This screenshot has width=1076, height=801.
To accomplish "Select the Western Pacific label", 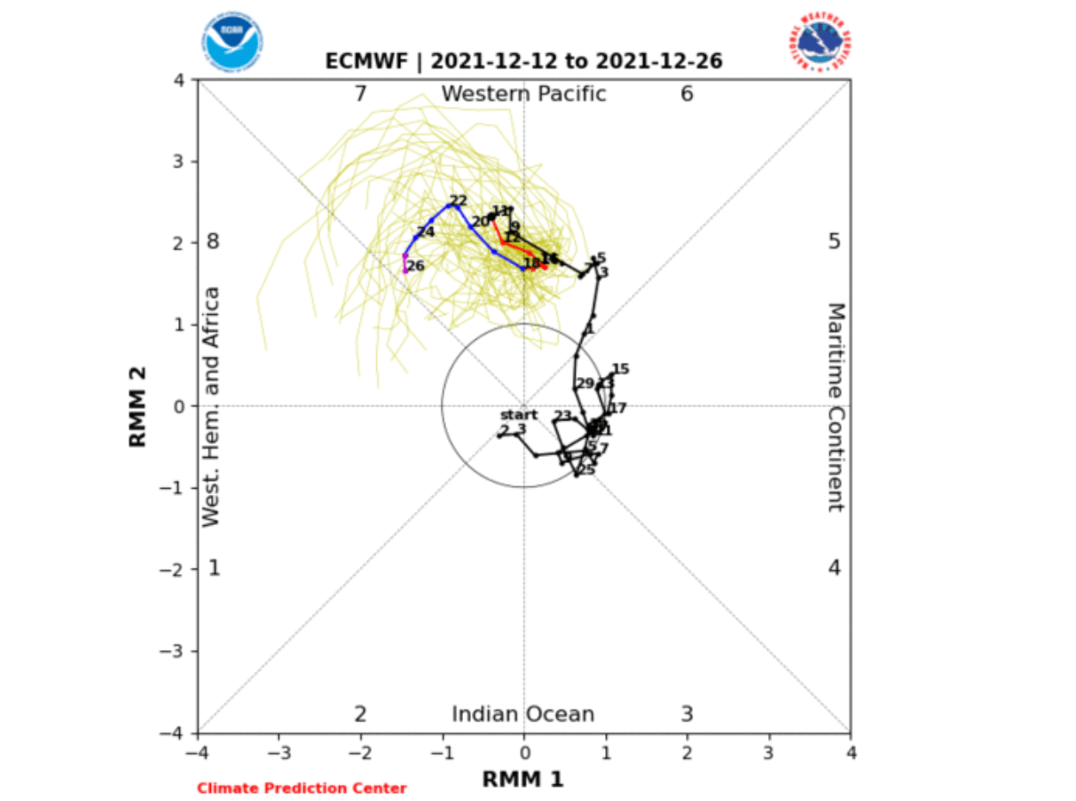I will click(523, 93).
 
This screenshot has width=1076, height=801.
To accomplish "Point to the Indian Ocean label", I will click(523, 714).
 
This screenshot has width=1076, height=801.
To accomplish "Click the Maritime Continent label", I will click(836, 407).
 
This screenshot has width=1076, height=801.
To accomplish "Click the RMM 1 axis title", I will click(523, 779).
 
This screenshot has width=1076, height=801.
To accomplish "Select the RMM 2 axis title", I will click(138, 407).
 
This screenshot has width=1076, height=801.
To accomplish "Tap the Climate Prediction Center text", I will click(302, 788).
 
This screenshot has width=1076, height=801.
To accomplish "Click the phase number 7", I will click(360, 93).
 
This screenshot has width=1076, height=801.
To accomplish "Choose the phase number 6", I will click(687, 93).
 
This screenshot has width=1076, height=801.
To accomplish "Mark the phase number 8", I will click(213, 241).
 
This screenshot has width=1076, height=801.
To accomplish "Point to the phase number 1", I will click(213, 568).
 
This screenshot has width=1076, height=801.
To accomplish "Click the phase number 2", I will click(360, 714).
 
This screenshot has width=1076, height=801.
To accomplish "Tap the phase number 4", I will click(834, 568).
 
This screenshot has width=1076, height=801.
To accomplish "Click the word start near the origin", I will click(519, 414).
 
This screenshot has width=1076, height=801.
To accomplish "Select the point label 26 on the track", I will click(416, 265).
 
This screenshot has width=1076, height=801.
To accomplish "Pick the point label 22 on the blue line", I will click(458, 200).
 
